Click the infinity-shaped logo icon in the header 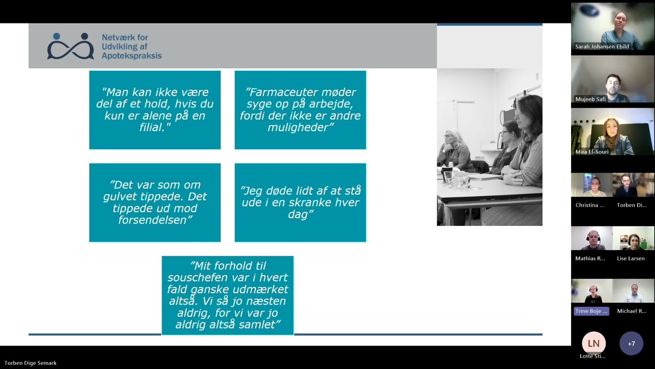point(71,47)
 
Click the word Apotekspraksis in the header point(132,56)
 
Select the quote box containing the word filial point(155,110)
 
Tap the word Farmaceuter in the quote point(279,92)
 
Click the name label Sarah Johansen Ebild point(602,47)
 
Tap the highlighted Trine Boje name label point(591,311)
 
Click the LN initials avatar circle point(593,343)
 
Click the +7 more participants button point(631,343)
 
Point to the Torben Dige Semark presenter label point(31,363)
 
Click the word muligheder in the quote point(300,128)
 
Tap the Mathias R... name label point(590,258)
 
